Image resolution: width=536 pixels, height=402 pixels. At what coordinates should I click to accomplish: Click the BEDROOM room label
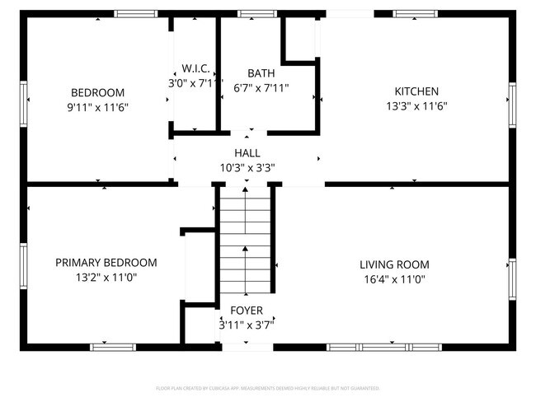coord(97,92)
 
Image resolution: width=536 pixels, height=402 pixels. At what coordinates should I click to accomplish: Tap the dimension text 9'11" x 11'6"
coord(97,107)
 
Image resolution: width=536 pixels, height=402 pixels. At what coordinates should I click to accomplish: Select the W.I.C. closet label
coord(195,68)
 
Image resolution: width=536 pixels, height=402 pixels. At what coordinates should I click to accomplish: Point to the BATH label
coord(261,72)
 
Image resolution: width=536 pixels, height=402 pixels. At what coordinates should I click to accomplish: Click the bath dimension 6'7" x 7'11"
coord(261,87)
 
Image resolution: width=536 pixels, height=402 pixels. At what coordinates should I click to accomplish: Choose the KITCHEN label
coord(416,91)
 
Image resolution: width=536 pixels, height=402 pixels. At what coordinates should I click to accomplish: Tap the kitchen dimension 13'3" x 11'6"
coord(416,106)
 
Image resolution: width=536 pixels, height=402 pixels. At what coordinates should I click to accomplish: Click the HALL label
coord(247,153)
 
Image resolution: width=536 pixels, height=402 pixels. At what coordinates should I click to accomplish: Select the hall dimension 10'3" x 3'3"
coord(247,167)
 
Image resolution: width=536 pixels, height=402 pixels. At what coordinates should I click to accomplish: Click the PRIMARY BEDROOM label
coord(106,263)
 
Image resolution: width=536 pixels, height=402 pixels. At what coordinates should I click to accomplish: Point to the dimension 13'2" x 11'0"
coord(106,278)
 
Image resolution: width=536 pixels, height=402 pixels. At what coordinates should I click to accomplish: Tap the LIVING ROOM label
coord(394,264)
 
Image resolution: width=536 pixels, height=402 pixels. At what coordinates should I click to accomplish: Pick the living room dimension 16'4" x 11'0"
coord(394,279)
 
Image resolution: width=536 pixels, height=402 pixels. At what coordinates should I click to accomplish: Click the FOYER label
coord(247,311)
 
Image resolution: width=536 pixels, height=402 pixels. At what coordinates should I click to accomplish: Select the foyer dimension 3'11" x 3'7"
coord(247,325)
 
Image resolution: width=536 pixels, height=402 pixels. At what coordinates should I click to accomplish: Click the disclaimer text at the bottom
coord(267,387)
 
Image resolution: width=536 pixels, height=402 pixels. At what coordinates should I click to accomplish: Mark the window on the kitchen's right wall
coord(512,106)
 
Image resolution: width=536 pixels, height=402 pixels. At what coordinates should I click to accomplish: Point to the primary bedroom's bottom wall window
coord(112,347)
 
